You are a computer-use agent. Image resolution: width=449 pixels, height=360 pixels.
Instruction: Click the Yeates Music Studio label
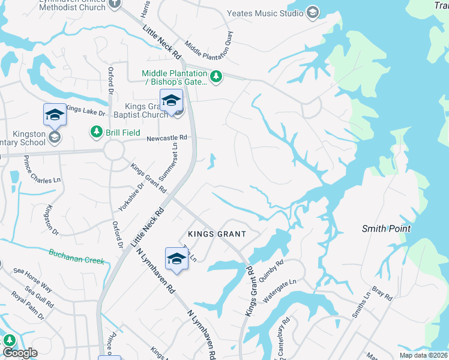point(265,13)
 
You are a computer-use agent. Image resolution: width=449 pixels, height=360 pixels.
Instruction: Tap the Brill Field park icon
point(95,131)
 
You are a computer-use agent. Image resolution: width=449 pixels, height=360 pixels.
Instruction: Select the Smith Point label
point(386,229)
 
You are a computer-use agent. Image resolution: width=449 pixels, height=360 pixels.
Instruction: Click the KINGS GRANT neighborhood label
point(217,233)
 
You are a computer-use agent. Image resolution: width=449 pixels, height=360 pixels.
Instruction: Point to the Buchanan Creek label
point(77,256)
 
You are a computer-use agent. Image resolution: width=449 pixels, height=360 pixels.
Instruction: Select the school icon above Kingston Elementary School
point(54,115)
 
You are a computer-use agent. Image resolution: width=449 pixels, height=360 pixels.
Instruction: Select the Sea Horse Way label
point(34,282)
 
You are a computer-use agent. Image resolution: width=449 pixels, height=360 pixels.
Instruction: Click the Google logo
point(20,353)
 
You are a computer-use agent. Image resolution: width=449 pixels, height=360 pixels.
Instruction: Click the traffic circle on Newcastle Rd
point(113,150)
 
